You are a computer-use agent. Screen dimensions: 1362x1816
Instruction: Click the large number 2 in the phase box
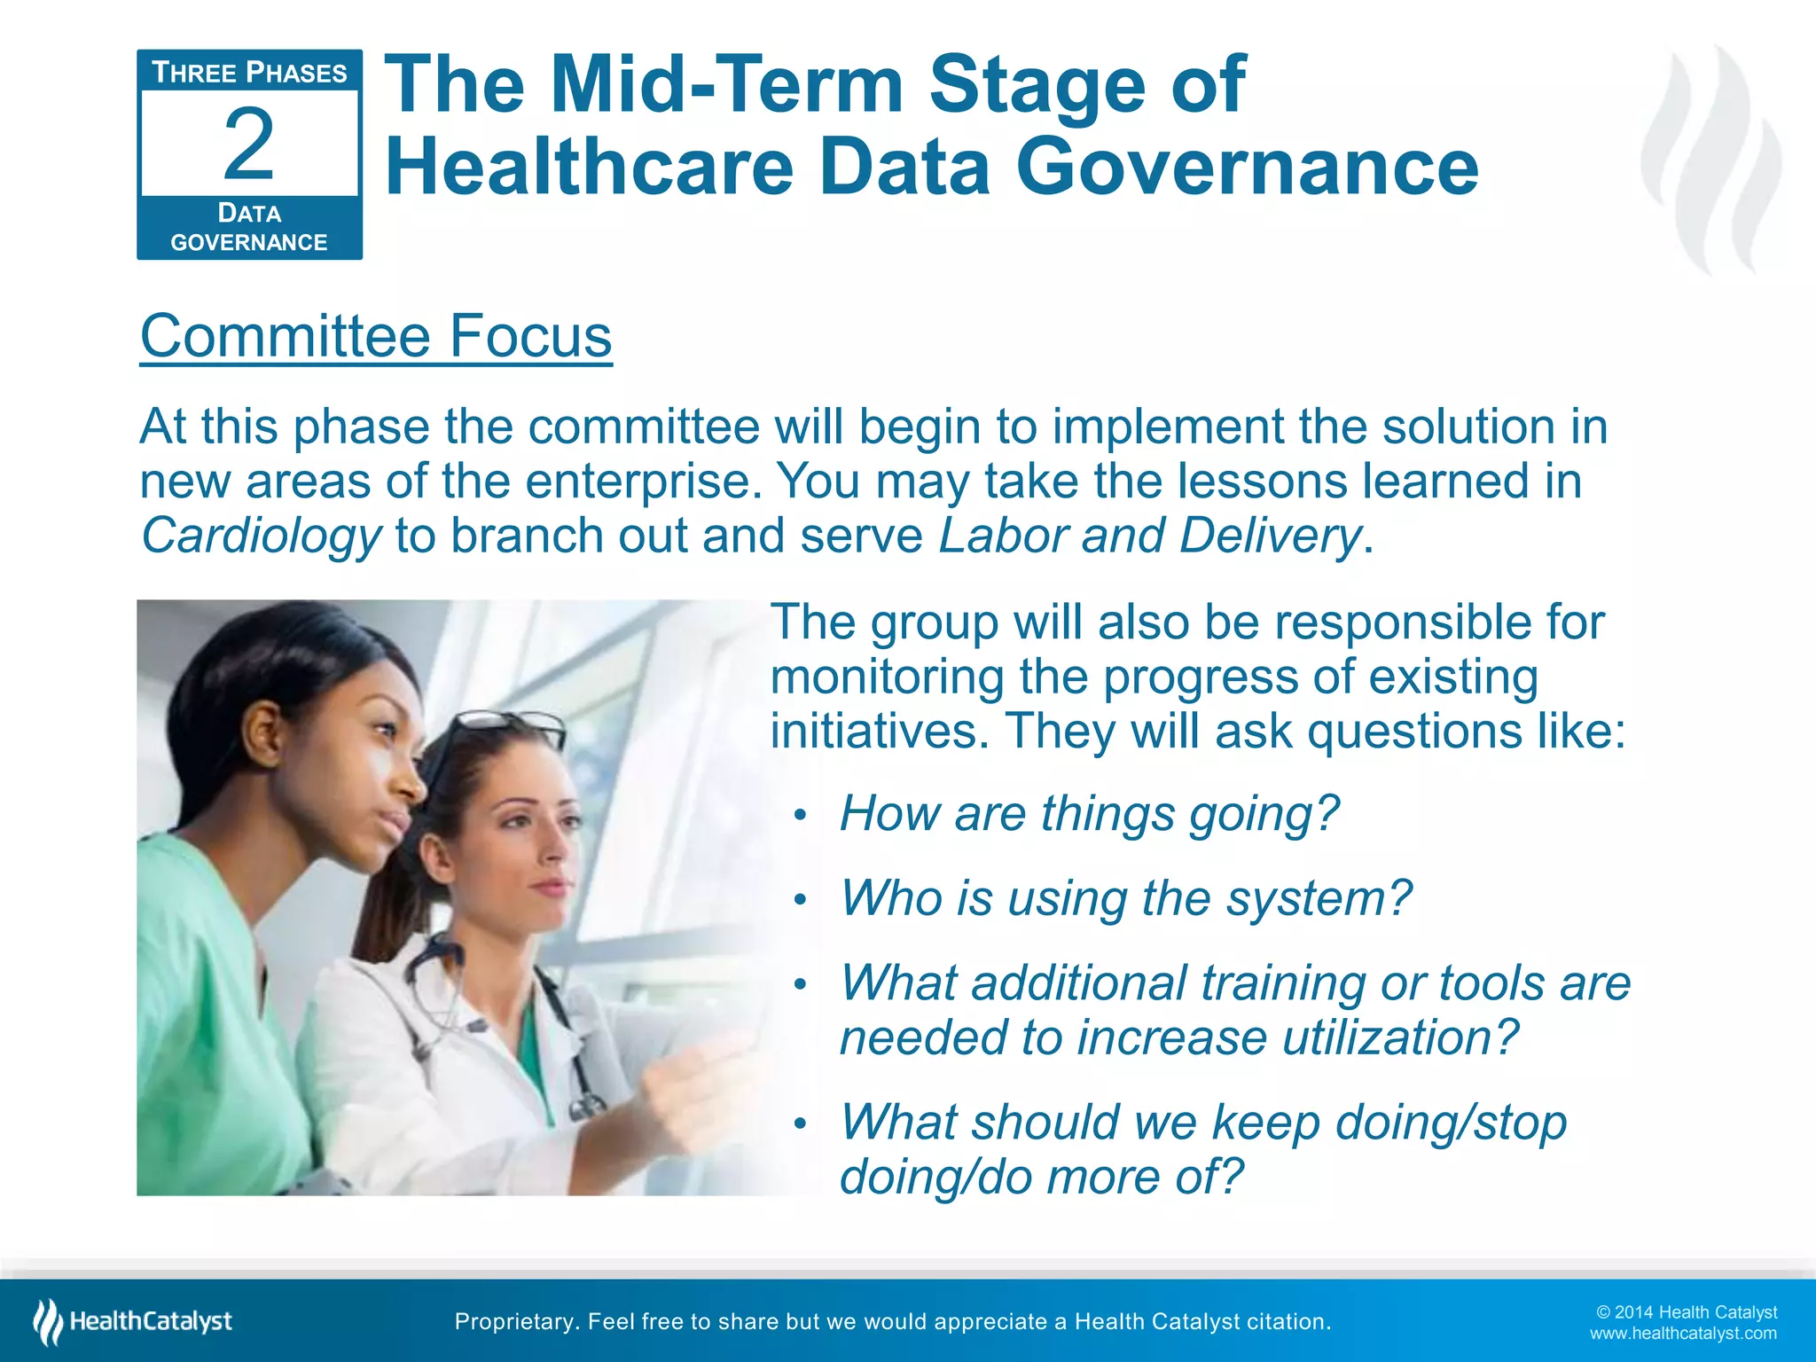click(x=248, y=144)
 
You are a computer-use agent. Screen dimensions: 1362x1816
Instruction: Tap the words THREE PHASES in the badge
click(x=249, y=73)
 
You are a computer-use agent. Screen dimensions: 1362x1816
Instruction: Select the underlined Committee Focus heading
click(x=376, y=336)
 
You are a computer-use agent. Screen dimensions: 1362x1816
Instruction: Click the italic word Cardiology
click(x=261, y=536)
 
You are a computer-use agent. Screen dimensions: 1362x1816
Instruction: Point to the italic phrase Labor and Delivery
click(x=1149, y=536)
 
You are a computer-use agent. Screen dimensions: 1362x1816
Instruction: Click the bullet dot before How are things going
click(x=800, y=816)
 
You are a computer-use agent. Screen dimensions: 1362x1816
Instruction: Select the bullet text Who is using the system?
click(x=1125, y=898)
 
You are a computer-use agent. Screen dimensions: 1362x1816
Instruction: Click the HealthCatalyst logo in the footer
click(x=133, y=1322)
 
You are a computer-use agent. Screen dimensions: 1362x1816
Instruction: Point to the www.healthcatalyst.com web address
click(x=1682, y=1334)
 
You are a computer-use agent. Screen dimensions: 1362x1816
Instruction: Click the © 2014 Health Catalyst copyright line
click(x=1686, y=1312)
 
